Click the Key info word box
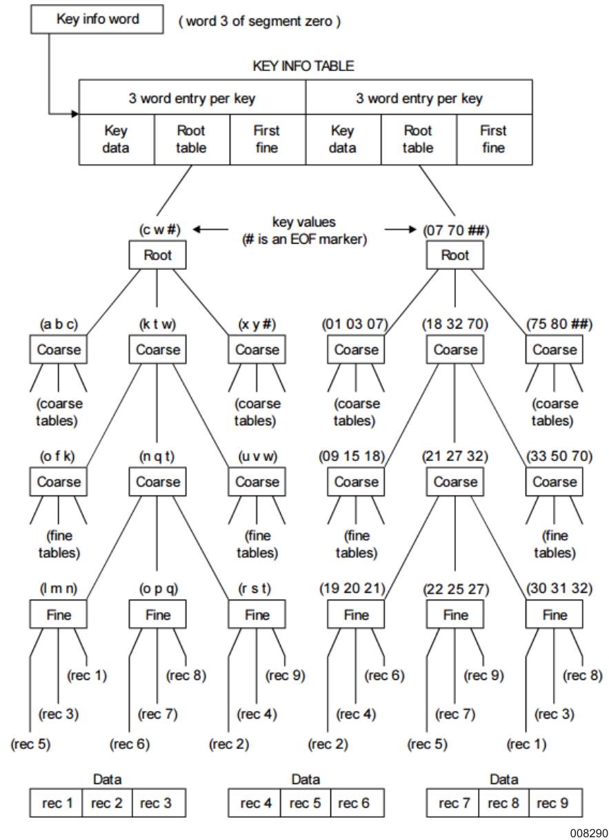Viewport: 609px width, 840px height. click(x=97, y=19)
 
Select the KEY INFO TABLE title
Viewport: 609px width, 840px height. click(x=305, y=67)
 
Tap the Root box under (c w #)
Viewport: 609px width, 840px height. click(x=158, y=255)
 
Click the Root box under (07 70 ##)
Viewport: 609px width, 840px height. click(x=455, y=255)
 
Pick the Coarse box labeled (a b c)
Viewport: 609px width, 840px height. click(x=59, y=349)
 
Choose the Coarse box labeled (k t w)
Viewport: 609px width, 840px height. click(x=158, y=349)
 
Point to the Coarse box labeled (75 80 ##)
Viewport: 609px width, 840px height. click(x=555, y=349)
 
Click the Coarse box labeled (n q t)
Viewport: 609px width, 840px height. click(x=158, y=481)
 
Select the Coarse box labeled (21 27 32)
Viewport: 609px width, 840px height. click(x=455, y=481)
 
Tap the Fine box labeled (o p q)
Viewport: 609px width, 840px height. click(x=158, y=614)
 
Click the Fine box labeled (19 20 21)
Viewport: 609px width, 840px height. click(x=356, y=614)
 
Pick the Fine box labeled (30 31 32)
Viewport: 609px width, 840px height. click(x=555, y=614)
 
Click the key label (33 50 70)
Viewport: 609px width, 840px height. click(x=555, y=457)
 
